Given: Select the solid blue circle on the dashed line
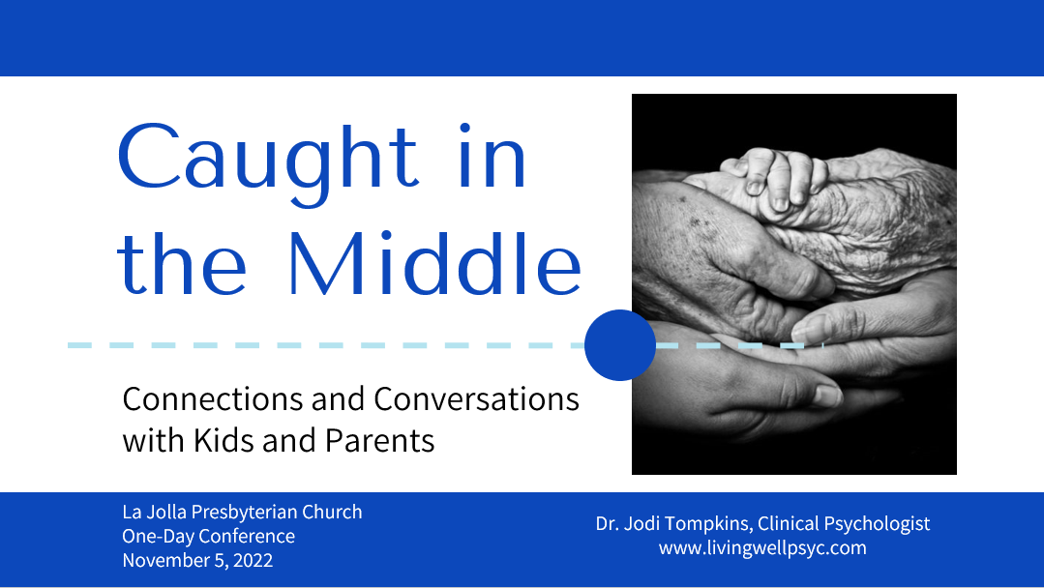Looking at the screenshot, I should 620,345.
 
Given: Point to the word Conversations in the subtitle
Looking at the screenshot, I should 476,398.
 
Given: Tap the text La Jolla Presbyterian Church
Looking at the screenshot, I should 242,512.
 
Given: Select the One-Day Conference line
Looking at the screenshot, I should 208,536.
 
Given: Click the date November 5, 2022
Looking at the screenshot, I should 197,560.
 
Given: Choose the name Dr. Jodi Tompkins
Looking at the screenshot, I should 671,523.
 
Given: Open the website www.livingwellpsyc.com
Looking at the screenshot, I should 762,547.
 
